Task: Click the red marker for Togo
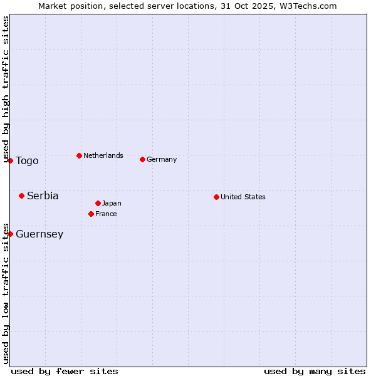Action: [10, 160]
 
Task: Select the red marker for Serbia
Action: [21, 196]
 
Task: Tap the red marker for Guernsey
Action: [10, 234]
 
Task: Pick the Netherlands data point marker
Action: [79, 155]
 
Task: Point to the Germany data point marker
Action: [142, 159]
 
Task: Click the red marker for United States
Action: [216, 197]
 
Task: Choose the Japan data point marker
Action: [98, 203]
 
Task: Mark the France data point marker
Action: [91, 214]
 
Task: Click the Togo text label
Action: [27, 161]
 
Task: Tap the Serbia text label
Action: [43, 196]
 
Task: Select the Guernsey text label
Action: [39, 234]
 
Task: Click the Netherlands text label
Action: [103, 155]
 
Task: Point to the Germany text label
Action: [162, 159]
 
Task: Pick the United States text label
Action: [243, 197]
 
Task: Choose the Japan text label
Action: [112, 203]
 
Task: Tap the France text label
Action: [106, 214]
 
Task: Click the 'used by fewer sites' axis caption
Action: [65, 371]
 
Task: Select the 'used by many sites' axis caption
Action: [315, 371]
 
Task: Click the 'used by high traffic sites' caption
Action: [6, 90]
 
